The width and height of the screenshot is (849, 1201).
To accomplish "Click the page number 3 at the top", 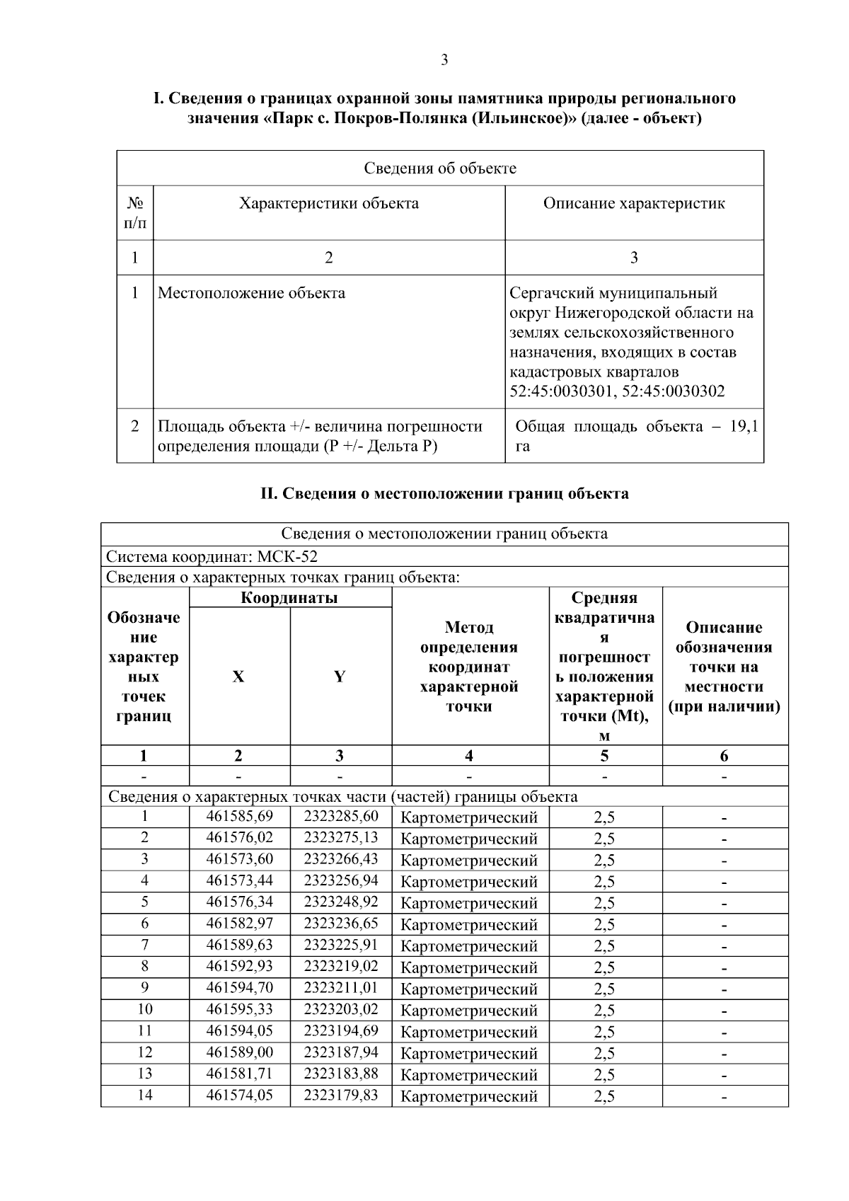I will [444, 60].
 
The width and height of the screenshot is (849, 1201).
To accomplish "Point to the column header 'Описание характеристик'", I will [634, 204].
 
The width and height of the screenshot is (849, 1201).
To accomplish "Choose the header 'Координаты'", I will [289, 597].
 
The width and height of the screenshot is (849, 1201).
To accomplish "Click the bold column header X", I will [238, 677].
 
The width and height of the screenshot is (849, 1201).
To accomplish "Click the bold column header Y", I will [340, 677].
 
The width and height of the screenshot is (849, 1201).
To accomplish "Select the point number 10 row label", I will [144, 1009].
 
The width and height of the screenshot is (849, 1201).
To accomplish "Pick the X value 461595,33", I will [239, 1009].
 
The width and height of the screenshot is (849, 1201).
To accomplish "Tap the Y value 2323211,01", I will [341, 988].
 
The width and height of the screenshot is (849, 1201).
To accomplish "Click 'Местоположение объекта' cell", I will [251, 293].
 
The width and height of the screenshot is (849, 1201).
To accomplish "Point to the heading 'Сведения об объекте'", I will [440, 168].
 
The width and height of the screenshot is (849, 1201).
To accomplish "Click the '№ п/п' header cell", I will [135, 213].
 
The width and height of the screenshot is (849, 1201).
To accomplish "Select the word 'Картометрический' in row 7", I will [469, 946].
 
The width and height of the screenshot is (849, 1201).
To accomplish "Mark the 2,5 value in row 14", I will [604, 1096].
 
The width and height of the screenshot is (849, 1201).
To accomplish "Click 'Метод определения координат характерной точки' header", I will [469, 667].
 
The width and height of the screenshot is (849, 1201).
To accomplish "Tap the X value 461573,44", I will [239, 880].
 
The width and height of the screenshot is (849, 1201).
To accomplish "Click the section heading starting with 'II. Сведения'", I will [444, 494].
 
